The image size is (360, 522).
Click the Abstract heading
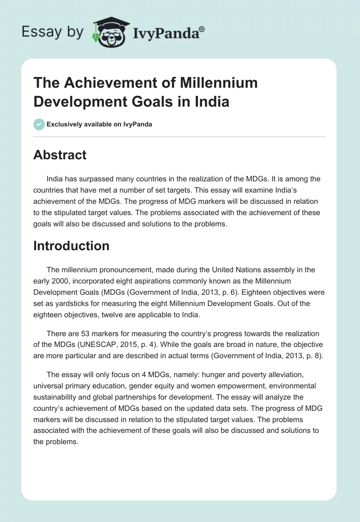60,155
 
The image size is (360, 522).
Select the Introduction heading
71,246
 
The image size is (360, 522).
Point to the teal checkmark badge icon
39,124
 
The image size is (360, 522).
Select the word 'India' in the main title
211,101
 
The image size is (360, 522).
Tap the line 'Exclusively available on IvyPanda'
99,124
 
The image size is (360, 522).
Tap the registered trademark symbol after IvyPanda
202,28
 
